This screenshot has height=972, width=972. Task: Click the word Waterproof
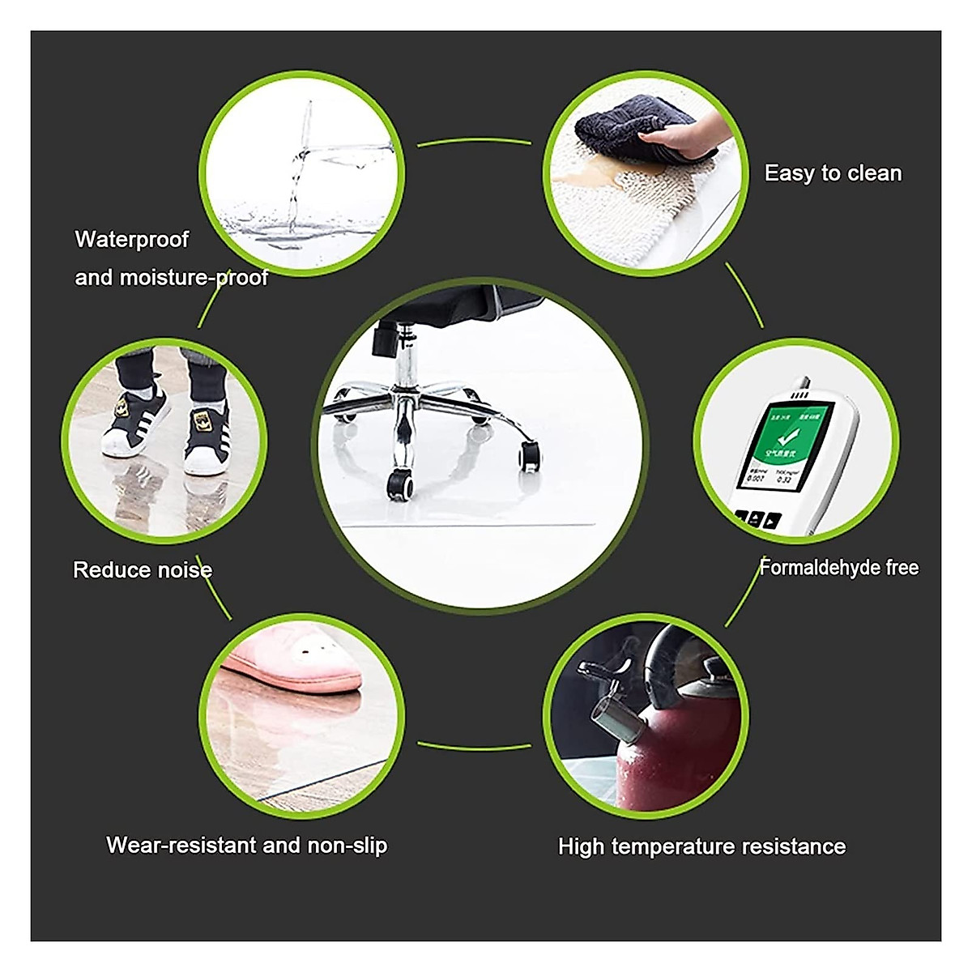pyautogui.click(x=131, y=240)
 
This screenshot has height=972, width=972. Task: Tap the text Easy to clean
pyautogui.click(x=833, y=173)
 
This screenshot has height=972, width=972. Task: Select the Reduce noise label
pyautogui.click(x=143, y=570)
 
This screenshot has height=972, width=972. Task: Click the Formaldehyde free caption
pyautogui.click(x=839, y=568)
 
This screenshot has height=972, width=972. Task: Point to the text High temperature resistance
pyautogui.click(x=701, y=847)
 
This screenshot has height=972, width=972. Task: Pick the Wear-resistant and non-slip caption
pyautogui.click(x=247, y=846)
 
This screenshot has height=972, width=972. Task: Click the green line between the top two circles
pyautogui.click(x=474, y=143)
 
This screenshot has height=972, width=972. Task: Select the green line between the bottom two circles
pyautogui.click(x=474, y=746)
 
